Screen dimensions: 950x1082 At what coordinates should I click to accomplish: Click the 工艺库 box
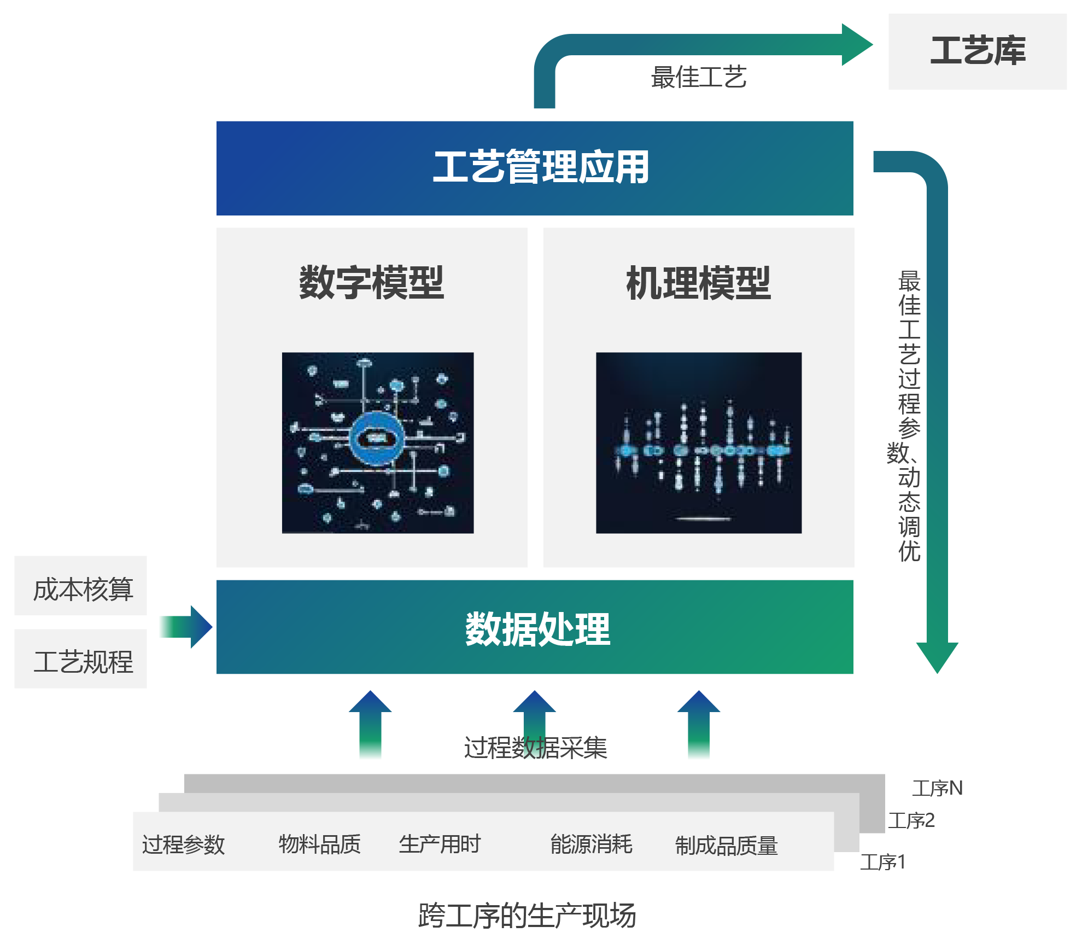pos(977,51)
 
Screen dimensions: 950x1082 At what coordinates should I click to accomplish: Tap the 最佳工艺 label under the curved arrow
pos(698,77)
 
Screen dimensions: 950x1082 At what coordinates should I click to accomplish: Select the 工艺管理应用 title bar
pos(535,168)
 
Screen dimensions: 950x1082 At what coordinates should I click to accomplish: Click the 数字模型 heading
pos(371,283)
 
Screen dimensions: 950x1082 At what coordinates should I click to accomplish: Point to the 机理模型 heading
pos(698,283)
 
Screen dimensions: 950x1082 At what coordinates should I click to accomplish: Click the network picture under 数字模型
pos(377,442)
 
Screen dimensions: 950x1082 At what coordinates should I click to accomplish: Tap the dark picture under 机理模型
pos(698,442)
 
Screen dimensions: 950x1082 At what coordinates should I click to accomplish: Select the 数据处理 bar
pos(535,627)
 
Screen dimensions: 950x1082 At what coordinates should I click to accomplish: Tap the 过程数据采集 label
pos(535,747)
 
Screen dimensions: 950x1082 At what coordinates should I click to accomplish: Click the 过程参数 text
pos(183,844)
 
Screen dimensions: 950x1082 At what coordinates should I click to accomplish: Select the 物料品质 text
pos(319,844)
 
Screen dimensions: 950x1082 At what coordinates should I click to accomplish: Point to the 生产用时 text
pos(440,844)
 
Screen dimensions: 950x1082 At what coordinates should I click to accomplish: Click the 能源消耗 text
pos(591,844)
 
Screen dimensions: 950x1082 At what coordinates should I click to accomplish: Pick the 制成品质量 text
pos(726,846)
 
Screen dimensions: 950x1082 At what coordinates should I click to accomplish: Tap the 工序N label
pos(937,788)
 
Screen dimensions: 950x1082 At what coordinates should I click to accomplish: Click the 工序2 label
pos(911,820)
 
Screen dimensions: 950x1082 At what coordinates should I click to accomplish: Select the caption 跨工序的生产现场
pos(527,916)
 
